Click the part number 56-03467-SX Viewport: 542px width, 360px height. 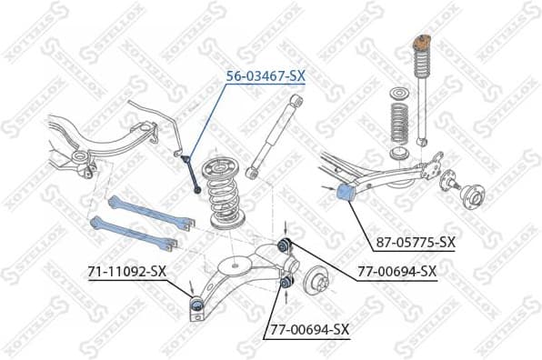coord(265,77)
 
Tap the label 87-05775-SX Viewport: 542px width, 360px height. coord(415,242)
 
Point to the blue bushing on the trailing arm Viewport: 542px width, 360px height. coord(346,193)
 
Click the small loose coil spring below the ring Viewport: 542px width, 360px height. coord(396,126)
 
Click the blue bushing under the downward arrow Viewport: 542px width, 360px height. coord(286,244)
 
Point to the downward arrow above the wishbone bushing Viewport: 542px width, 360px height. coord(286,227)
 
